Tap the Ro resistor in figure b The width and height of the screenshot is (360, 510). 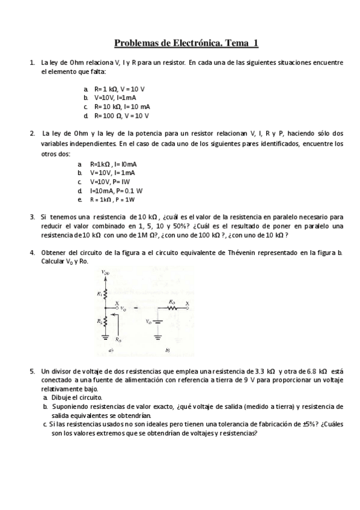pos(173,307)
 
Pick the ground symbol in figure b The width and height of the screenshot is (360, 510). pos(158,337)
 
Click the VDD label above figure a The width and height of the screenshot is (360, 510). pos(106,272)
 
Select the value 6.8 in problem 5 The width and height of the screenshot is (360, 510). pos(313,372)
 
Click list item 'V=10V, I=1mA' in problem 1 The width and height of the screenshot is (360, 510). pos(115,97)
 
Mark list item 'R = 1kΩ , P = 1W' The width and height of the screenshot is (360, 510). pos(112,199)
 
